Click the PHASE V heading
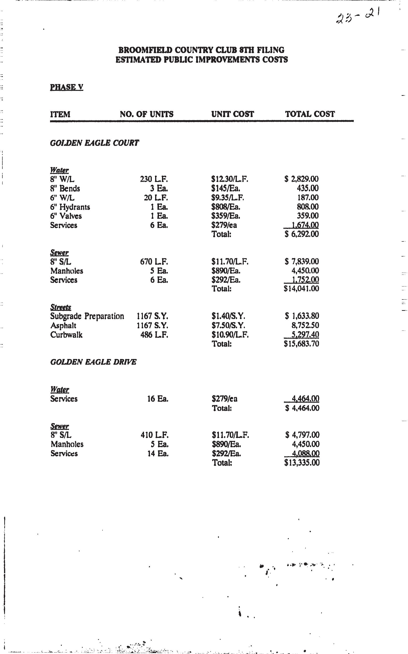point(67,87)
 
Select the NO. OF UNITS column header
point(147,114)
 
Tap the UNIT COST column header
point(232,114)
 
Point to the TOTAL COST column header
point(310,114)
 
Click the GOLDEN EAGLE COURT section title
point(94,143)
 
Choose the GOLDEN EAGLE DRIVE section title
point(93,362)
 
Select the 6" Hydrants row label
point(70,207)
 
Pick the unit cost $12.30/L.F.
point(230,179)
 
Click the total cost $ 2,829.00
point(302,179)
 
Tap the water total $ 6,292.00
point(302,234)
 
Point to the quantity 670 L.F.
point(154,262)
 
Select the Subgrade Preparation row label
point(87,316)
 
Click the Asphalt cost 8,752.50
point(305,325)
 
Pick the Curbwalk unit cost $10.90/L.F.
point(230,335)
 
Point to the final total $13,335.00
point(302,463)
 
